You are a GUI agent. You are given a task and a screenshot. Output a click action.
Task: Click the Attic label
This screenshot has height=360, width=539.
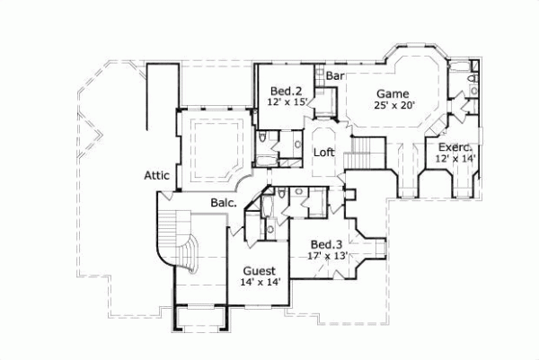pyautogui.click(x=157, y=176)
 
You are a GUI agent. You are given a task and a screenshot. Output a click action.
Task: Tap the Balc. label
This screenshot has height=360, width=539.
pyautogui.click(x=225, y=204)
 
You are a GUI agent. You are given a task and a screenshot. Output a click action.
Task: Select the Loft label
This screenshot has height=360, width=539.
pyautogui.click(x=323, y=152)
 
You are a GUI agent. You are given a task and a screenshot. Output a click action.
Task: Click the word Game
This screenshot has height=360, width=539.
pyautogui.click(x=393, y=93)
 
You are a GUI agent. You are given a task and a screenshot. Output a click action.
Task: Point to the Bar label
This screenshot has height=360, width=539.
pyautogui.click(x=335, y=77)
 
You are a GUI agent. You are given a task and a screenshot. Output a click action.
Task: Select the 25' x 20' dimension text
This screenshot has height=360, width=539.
pyautogui.click(x=393, y=105)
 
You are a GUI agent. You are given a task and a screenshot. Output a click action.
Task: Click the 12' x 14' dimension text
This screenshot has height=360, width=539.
pyautogui.click(x=455, y=158)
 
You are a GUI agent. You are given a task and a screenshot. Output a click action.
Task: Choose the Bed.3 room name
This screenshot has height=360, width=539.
pyautogui.click(x=325, y=244)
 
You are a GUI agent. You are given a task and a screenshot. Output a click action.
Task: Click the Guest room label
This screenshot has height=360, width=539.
pyautogui.click(x=260, y=270)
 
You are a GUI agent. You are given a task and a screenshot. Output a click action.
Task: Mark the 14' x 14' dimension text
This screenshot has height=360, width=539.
pyautogui.click(x=261, y=282)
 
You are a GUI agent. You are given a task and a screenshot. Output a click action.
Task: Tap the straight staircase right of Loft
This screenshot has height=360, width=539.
pyautogui.click(x=364, y=154)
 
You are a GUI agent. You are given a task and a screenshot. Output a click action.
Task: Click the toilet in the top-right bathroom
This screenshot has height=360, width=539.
pyautogui.click(x=472, y=87)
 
